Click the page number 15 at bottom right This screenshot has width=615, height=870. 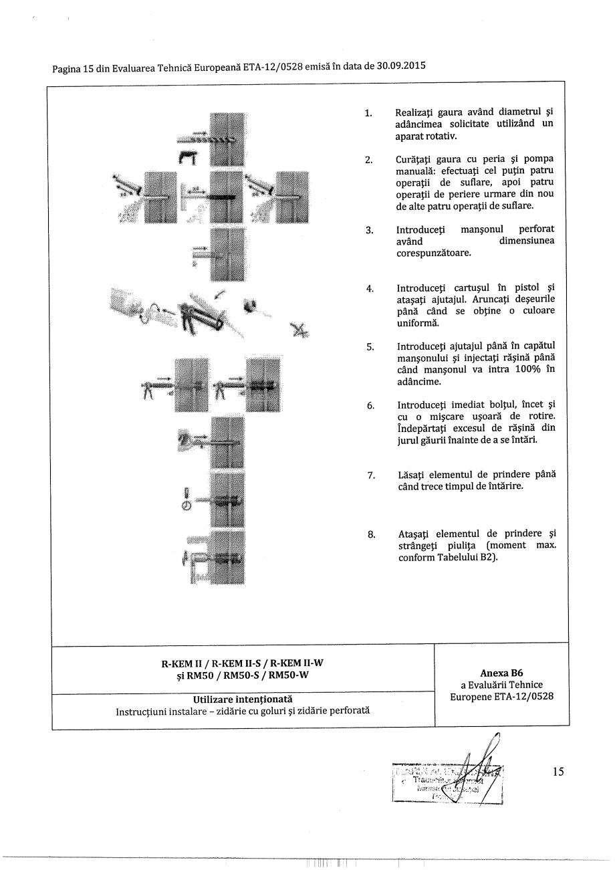coord(558,772)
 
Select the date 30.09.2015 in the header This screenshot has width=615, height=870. coord(401,66)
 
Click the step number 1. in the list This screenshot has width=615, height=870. coord(368,113)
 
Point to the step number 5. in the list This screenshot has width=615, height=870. coord(370,346)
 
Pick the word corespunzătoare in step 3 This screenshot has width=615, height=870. coord(433,253)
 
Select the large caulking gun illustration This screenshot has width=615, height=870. coord(197,316)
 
